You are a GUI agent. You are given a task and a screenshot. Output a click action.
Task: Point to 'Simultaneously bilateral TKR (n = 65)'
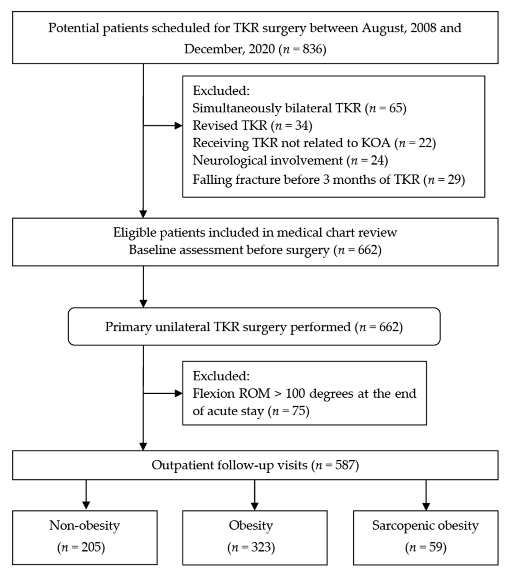299,108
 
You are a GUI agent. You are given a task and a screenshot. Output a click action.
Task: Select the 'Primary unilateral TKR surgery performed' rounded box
254,327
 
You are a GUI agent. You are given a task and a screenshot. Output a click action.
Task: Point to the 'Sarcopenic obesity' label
425,525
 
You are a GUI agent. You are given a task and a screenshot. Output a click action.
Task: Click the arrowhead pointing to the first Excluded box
178,126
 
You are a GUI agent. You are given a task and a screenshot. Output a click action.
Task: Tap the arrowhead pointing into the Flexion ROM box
178,393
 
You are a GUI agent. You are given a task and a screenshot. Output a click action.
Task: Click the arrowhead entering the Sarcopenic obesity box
426,506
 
